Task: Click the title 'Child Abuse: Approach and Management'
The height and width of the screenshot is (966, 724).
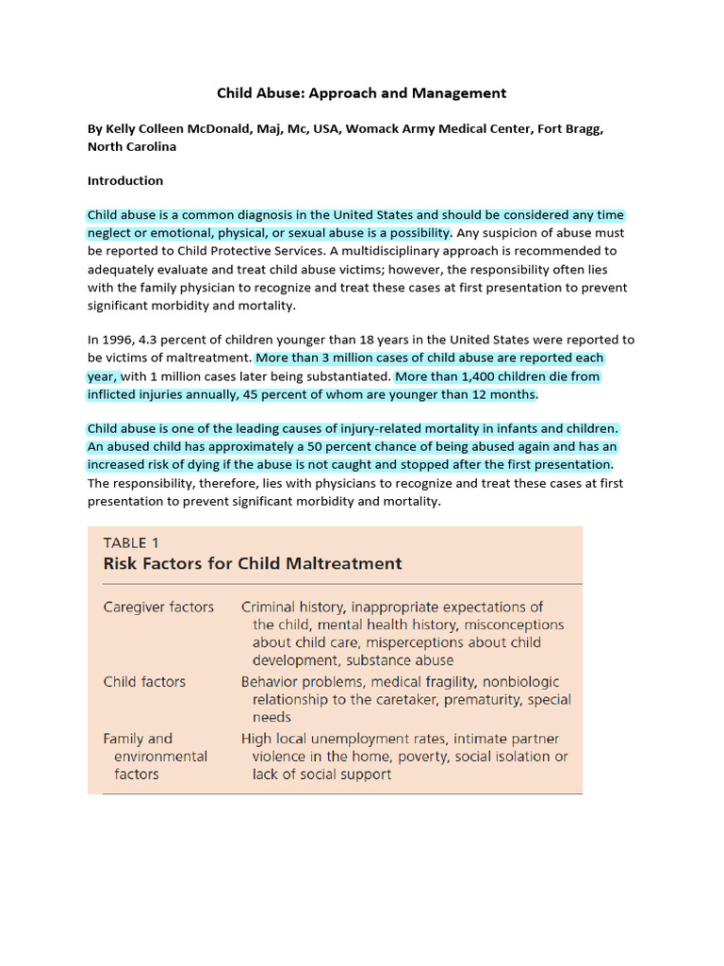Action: pyautogui.click(x=362, y=92)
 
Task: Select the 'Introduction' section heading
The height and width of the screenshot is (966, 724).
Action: pyautogui.click(x=125, y=180)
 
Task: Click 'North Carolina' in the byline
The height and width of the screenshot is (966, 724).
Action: pyautogui.click(x=132, y=146)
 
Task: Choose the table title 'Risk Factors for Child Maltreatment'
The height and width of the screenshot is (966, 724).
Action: pyautogui.click(x=253, y=564)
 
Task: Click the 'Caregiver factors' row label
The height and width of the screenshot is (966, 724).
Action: pyautogui.click(x=158, y=608)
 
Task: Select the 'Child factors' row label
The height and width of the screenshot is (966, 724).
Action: pyautogui.click(x=144, y=682)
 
